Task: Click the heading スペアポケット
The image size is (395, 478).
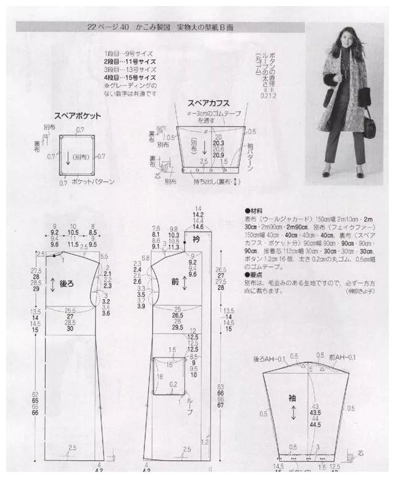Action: (x=77, y=115)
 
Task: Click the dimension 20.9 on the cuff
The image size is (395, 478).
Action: (x=217, y=155)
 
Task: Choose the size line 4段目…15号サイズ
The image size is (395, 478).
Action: (x=130, y=79)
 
